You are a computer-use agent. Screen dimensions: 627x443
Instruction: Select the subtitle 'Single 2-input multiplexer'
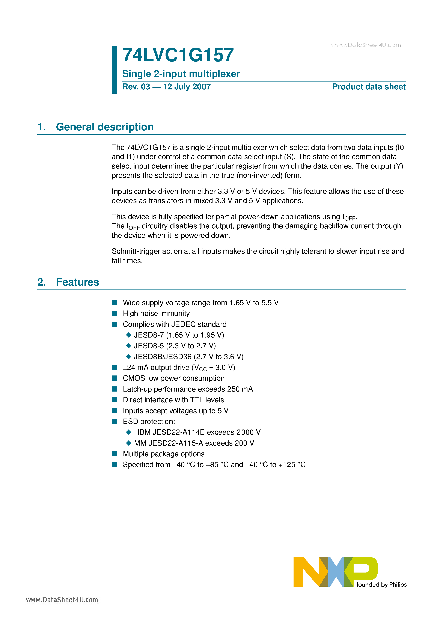(x=181, y=74)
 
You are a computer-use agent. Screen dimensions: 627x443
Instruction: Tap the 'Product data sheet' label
(x=369, y=87)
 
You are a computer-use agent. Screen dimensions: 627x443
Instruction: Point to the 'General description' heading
(x=105, y=127)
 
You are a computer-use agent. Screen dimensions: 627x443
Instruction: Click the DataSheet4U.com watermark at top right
(x=366, y=45)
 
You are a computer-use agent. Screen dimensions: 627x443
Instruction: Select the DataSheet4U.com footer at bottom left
(x=62, y=600)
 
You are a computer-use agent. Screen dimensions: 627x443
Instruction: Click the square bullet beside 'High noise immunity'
(x=115, y=313)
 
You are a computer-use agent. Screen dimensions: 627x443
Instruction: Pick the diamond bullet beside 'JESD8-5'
(x=129, y=346)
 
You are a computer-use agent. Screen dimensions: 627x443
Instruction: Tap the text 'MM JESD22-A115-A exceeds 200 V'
(x=194, y=443)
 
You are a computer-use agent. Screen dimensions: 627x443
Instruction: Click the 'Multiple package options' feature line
(x=164, y=454)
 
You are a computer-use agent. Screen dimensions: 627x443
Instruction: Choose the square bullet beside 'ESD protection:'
(x=115, y=421)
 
